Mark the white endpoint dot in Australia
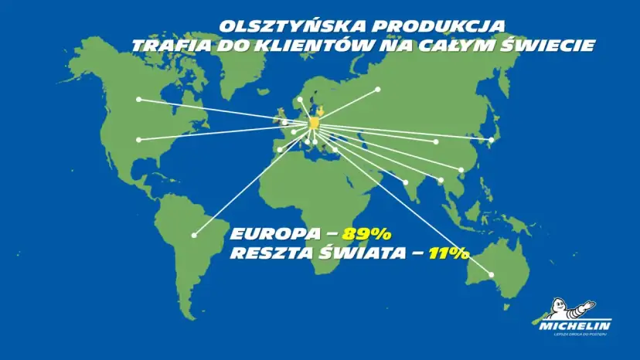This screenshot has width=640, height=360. click(x=491, y=274)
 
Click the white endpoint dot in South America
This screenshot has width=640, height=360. click(x=195, y=235)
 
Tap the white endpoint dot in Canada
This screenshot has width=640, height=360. click(x=139, y=99)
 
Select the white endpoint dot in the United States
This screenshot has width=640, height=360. click(x=139, y=140)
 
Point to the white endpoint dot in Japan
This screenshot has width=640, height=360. click(x=492, y=140)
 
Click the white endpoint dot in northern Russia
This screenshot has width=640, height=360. click(x=378, y=90)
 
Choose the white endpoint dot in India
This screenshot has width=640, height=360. click(x=406, y=182)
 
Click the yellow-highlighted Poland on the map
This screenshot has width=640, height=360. click(x=316, y=123)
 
